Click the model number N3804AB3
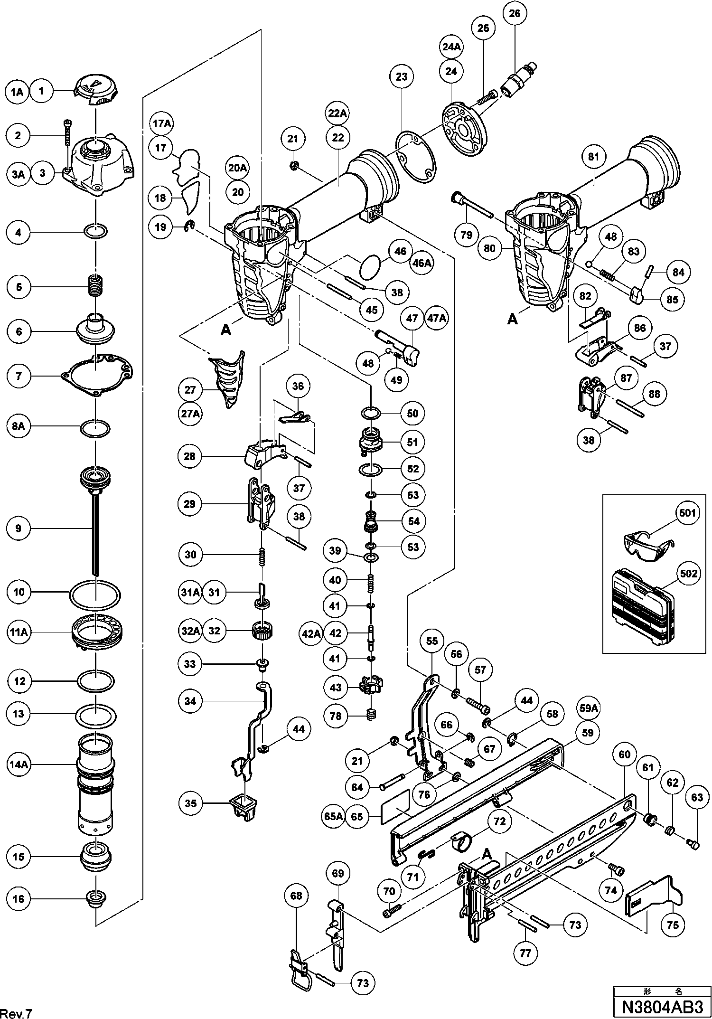coord(661,1007)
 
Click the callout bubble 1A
coord(17,92)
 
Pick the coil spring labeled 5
coord(96,286)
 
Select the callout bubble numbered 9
coord(19,528)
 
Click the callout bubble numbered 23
coord(402,77)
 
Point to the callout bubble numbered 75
coord(673,925)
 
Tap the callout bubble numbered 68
coord(296,896)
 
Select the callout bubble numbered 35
coord(190,803)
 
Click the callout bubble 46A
coord(422,263)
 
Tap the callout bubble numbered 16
coord(19,899)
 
